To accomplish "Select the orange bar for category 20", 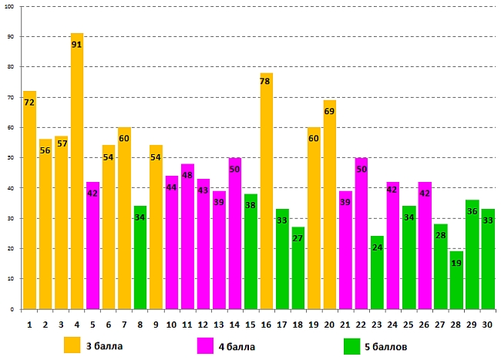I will coord(330,208).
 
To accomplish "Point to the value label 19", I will coord(456,263).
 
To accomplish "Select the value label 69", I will coord(330,112).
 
